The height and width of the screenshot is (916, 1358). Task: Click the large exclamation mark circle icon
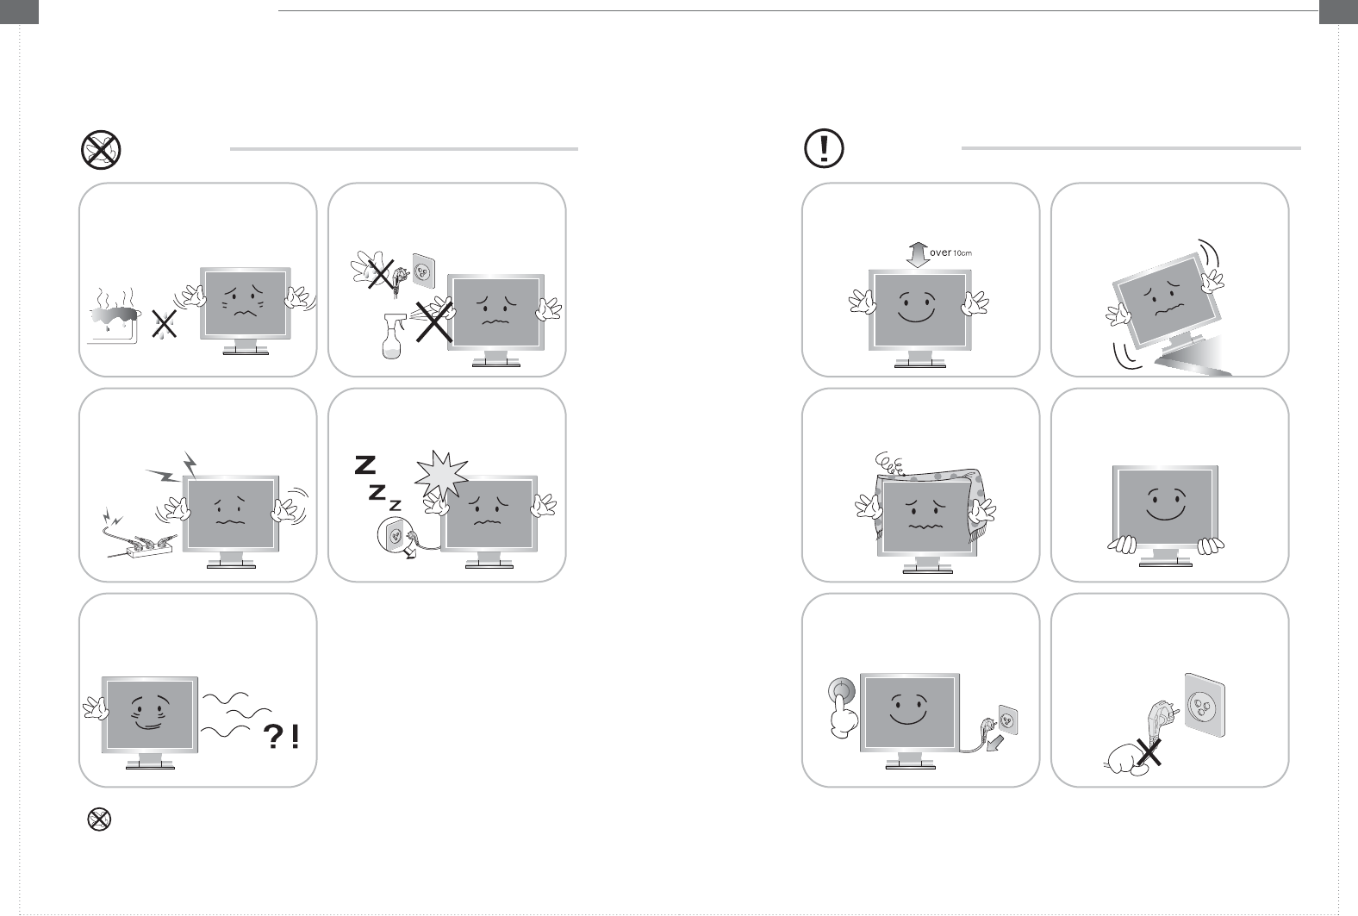point(824,148)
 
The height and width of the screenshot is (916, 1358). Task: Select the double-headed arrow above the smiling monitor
point(918,254)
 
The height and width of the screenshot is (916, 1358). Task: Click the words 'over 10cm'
point(950,252)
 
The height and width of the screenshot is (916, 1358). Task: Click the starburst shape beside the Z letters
point(441,475)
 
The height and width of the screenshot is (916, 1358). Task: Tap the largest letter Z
point(365,465)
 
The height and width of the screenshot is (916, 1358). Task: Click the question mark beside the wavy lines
point(274,737)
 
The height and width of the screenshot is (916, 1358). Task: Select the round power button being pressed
point(842,690)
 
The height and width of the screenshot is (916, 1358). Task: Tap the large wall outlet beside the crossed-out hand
point(1205,704)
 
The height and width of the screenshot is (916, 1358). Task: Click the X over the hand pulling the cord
point(1149,751)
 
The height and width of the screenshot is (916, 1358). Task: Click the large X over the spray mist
point(434,321)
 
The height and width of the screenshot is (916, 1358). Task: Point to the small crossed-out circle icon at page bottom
point(99,819)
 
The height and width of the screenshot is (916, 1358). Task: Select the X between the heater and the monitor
point(165,323)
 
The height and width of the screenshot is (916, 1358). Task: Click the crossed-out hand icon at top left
point(101,150)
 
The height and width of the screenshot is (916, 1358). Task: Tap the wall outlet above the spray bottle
point(423,271)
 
